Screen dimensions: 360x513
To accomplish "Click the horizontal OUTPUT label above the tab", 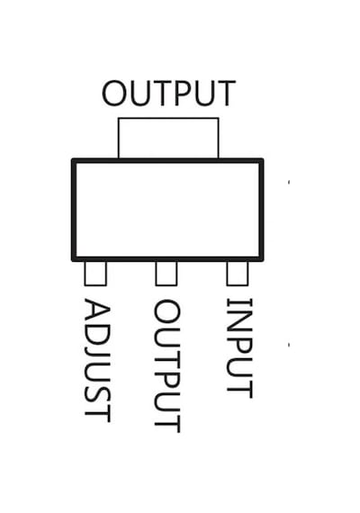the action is [169, 93].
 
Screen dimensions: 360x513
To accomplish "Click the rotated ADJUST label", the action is [97, 361].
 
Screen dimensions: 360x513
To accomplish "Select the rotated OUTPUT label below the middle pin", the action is [166, 366].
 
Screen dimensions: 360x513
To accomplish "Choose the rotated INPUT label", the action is [239, 348].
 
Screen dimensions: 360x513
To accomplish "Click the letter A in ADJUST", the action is [97, 310].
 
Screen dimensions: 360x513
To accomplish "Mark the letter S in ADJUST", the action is [97, 393].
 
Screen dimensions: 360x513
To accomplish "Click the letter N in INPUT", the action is [239, 319].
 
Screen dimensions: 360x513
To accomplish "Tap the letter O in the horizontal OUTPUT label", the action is [114, 94].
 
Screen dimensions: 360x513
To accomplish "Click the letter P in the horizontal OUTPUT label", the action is [183, 94].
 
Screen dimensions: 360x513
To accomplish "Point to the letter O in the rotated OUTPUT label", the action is [166, 312].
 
